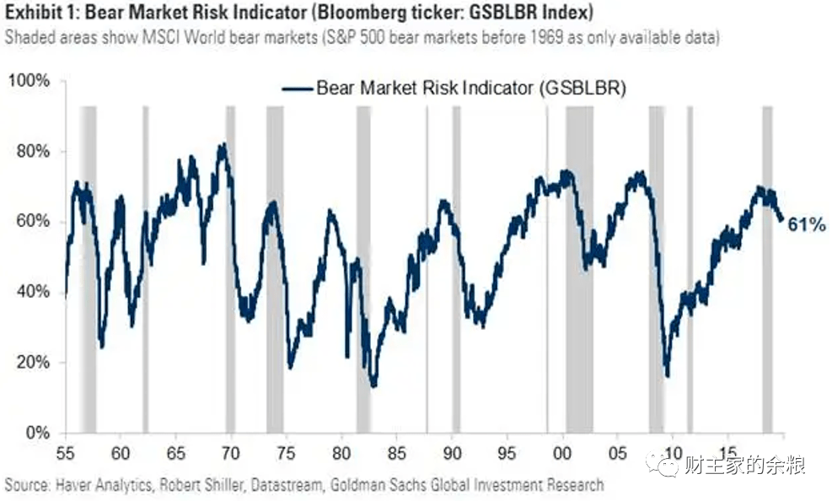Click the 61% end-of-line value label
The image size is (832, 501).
[x=807, y=225]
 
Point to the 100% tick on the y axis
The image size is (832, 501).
[x=30, y=81]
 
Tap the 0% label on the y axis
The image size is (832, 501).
[x=38, y=433]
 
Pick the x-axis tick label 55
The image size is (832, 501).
[x=65, y=453]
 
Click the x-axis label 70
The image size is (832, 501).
[x=231, y=453]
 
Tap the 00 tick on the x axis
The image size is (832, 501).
[x=562, y=453]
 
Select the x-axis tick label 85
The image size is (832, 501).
[x=396, y=453]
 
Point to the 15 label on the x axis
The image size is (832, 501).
[x=728, y=453]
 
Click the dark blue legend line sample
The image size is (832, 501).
[x=297, y=89]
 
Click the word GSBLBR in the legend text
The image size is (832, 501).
[x=581, y=88]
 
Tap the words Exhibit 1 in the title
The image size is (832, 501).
[x=42, y=12]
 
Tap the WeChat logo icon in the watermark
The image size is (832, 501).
[x=663, y=465]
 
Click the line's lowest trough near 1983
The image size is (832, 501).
[x=373, y=385]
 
